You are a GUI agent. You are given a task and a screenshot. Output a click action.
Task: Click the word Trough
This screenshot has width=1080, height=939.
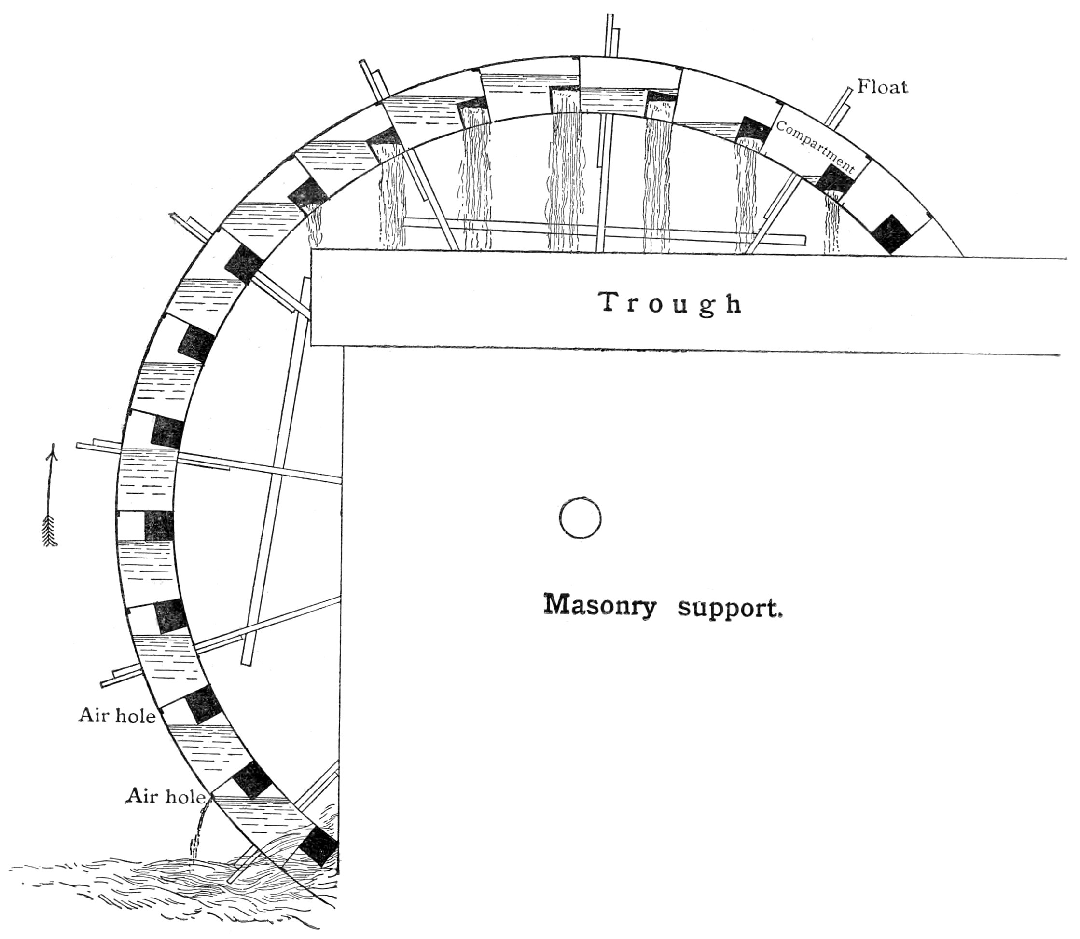(x=671, y=304)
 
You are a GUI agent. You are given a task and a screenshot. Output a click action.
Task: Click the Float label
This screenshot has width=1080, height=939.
(x=882, y=86)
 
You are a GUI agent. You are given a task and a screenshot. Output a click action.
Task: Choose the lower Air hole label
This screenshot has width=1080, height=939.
(x=165, y=797)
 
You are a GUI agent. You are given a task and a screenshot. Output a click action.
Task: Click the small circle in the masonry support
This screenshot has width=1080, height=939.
(x=580, y=517)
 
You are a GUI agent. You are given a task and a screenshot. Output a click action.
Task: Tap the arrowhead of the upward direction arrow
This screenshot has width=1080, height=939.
(x=53, y=452)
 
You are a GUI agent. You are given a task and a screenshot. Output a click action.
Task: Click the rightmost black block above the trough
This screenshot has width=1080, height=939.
(x=891, y=234)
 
